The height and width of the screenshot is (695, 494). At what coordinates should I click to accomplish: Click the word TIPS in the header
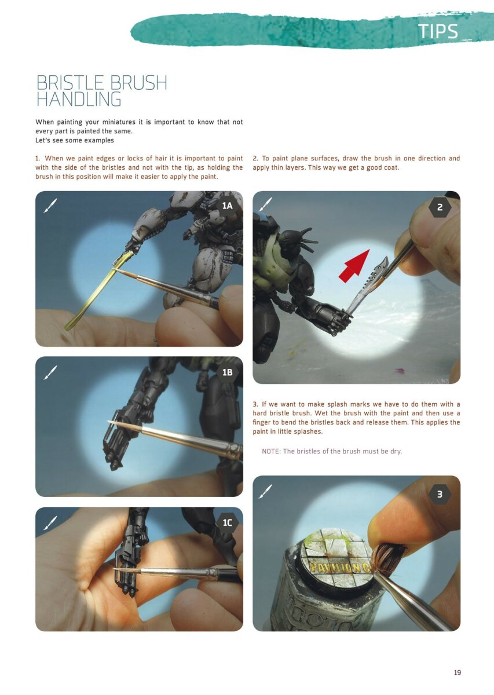coord(438,32)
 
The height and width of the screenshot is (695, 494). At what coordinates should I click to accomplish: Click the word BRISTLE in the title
coord(71,83)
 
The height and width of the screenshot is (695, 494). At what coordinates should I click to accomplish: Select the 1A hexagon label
coord(227,206)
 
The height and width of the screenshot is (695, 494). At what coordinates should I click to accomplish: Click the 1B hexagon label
coord(227,372)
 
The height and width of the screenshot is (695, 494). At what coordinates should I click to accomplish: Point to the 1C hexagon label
coord(227,522)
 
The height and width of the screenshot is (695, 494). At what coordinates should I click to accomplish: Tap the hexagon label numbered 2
coord(440,207)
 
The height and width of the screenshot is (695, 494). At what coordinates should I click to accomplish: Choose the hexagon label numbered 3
coord(440,494)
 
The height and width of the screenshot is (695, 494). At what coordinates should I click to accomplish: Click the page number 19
coord(458,672)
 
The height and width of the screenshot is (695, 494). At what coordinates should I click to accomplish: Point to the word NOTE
coord(271,451)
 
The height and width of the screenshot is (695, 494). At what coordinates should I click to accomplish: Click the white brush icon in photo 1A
coord(50,204)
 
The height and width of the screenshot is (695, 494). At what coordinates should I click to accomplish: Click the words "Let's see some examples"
coord(75,140)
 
